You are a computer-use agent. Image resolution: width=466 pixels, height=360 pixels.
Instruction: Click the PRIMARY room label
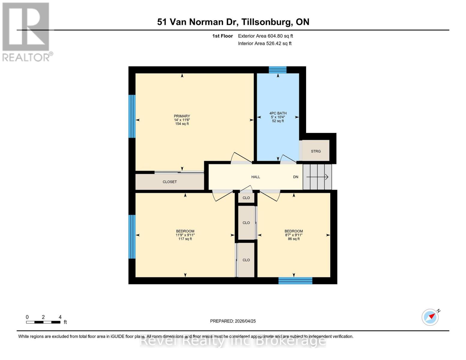[182, 116]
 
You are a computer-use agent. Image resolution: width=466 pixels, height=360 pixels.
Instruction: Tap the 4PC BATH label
[278, 113]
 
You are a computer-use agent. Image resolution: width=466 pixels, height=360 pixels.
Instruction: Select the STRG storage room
[316, 151]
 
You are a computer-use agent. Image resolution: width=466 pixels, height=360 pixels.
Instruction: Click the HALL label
[256, 177]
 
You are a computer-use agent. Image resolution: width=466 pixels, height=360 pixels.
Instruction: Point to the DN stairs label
[296, 177]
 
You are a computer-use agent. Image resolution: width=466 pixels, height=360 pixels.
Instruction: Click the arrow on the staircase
[317, 177]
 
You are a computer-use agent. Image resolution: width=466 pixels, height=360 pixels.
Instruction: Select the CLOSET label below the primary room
[170, 182]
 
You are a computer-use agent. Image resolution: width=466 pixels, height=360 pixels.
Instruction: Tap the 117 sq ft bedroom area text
[185, 239]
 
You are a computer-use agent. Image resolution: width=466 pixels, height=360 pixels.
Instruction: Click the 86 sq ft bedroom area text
[294, 239]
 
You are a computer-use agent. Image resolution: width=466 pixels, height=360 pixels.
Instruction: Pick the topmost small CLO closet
[246, 198]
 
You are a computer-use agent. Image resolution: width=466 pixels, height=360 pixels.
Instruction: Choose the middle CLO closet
[246, 223]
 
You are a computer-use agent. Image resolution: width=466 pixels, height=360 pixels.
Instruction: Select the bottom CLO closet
[246, 260]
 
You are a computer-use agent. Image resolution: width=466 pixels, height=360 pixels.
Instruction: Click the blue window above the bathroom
[278, 70]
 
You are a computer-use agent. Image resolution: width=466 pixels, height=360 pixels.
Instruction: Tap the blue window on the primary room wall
[132, 116]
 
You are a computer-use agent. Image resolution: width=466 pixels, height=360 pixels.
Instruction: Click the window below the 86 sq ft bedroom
[295, 281]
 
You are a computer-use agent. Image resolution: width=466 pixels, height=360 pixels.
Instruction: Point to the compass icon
[430, 317]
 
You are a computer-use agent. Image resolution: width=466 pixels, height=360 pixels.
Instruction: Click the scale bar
[43, 322]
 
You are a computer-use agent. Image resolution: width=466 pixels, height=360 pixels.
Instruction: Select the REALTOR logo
[26, 31]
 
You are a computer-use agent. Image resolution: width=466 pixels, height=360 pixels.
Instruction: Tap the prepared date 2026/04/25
[233, 321]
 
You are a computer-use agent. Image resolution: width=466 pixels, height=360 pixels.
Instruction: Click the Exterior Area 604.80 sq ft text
[265, 36]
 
